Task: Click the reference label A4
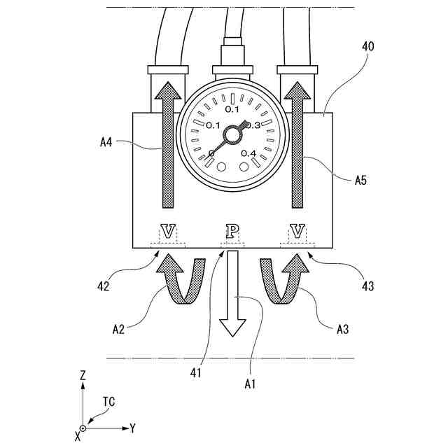(x=106, y=142)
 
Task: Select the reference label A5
(x=361, y=180)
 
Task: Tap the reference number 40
(x=367, y=48)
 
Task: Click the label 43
(x=367, y=286)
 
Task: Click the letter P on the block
(x=232, y=230)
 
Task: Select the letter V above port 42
(x=169, y=230)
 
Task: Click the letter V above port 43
(x=297, y=230)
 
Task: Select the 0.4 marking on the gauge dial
(x=248, y=153)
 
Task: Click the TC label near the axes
(x=108, y=402)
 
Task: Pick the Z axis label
(x=82, y=375)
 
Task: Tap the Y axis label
(x=132, y=427)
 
